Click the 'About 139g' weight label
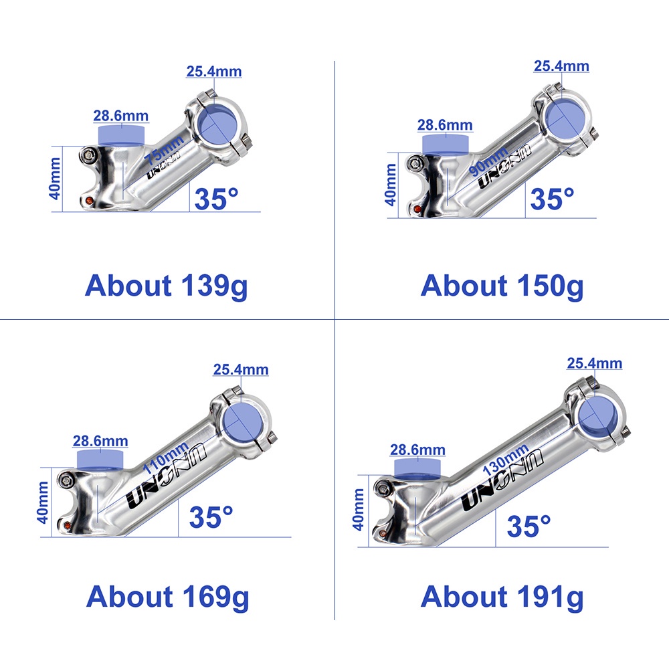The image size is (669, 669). (167, 286)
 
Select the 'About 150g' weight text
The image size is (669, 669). (502, 286)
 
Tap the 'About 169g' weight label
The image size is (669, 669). (167, 597)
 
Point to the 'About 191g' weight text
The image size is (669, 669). (502, 597)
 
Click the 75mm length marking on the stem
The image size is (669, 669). (163, 149)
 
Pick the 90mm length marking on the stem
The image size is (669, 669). (488, 161)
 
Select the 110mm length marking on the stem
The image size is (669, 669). (165, 458)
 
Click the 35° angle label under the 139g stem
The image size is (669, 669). (216, 199)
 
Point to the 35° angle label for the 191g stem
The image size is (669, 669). (529, 526)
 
